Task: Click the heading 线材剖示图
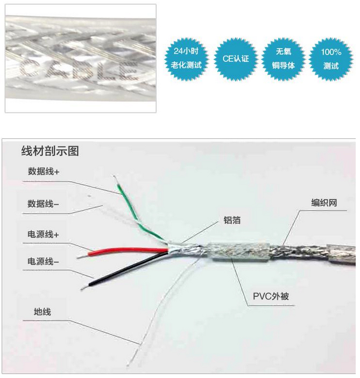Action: point(50,151)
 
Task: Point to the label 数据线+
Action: point(44,172)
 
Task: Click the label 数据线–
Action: point(44,204)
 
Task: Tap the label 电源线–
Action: point(44,262)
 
